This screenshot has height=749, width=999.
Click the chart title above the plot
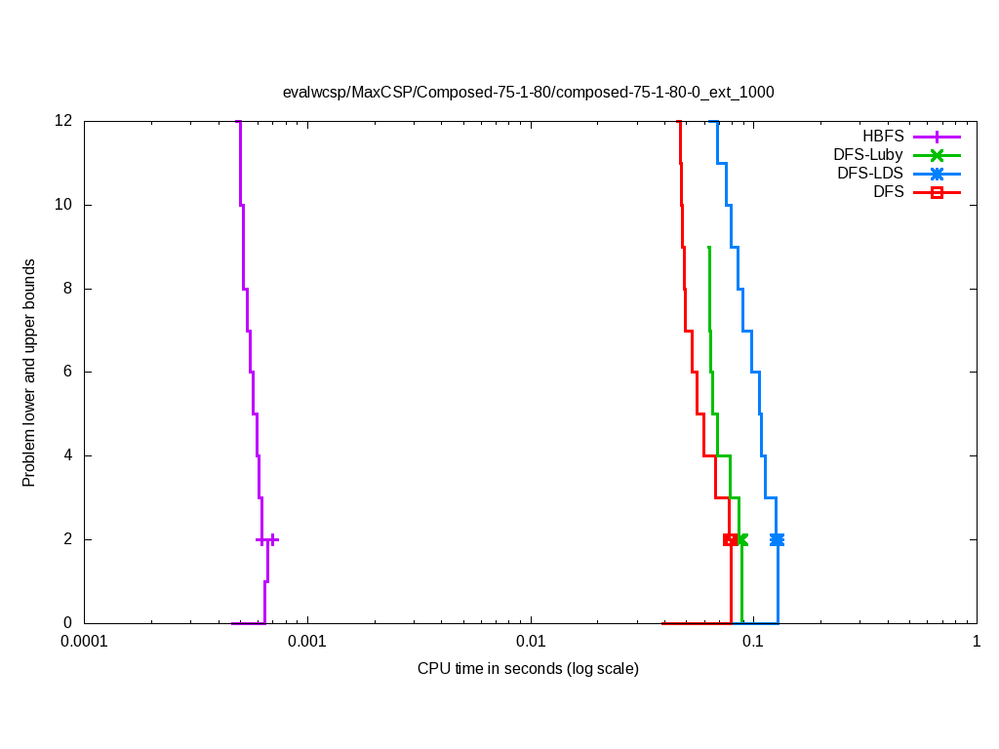coord(528,93)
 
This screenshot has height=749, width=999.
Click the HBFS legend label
coord(883,137)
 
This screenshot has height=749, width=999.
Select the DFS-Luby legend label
coord(868,155)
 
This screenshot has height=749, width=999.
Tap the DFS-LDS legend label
coord(870,174)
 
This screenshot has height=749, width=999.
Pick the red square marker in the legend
coord(937,192)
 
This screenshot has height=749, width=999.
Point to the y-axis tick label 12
coord(64,121)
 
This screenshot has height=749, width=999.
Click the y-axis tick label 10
coord(64,205)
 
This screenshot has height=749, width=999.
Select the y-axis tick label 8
coord(68,289)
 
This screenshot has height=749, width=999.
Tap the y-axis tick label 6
coord(68,372)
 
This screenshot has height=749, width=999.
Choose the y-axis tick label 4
coord(68,455)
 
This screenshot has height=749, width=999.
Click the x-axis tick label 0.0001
coord(84,643)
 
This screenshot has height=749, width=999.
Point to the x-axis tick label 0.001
coord(307,643)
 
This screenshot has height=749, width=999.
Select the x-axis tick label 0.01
coord(531,643)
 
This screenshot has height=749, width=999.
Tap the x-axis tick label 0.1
coord(753,643)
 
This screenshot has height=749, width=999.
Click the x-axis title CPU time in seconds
coord(528,669)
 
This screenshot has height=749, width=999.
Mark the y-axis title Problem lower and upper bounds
coord(29,373)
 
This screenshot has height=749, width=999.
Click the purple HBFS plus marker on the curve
coord(273,539)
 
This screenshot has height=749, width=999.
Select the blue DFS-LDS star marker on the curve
coord(777,539)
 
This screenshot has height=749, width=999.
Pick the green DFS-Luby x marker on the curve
coord(741,539)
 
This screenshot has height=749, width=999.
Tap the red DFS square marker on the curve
coord(729,539)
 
